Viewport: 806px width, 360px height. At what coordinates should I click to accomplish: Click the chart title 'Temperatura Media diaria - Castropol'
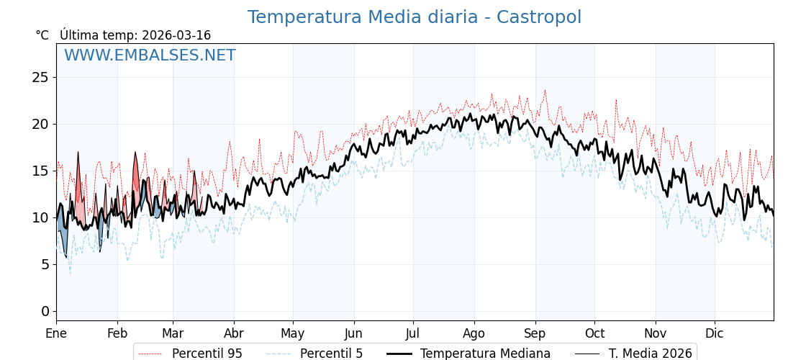414,17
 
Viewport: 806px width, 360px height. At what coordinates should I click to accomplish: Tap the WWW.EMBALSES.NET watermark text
150,55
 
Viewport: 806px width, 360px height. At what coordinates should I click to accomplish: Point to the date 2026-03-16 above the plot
176,35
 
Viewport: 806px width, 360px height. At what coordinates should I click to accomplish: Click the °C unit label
42,35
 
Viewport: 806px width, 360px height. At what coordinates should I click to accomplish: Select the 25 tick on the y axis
40,77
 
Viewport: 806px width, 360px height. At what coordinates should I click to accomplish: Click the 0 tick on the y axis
45,311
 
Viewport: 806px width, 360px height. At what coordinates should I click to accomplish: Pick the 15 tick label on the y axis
40,171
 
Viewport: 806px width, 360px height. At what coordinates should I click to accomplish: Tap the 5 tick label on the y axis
45,264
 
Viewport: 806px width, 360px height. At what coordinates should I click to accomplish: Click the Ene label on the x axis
56,334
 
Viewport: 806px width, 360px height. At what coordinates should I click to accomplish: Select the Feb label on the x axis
117,334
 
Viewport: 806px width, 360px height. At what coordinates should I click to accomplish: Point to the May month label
293,334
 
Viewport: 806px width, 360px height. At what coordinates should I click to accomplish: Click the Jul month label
413,334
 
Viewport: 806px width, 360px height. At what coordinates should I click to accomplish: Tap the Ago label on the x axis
474,334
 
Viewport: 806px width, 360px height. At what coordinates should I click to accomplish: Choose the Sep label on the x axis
535,334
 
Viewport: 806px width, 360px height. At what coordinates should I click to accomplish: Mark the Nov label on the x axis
656,334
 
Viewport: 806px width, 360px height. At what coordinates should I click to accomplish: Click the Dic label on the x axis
715,334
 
